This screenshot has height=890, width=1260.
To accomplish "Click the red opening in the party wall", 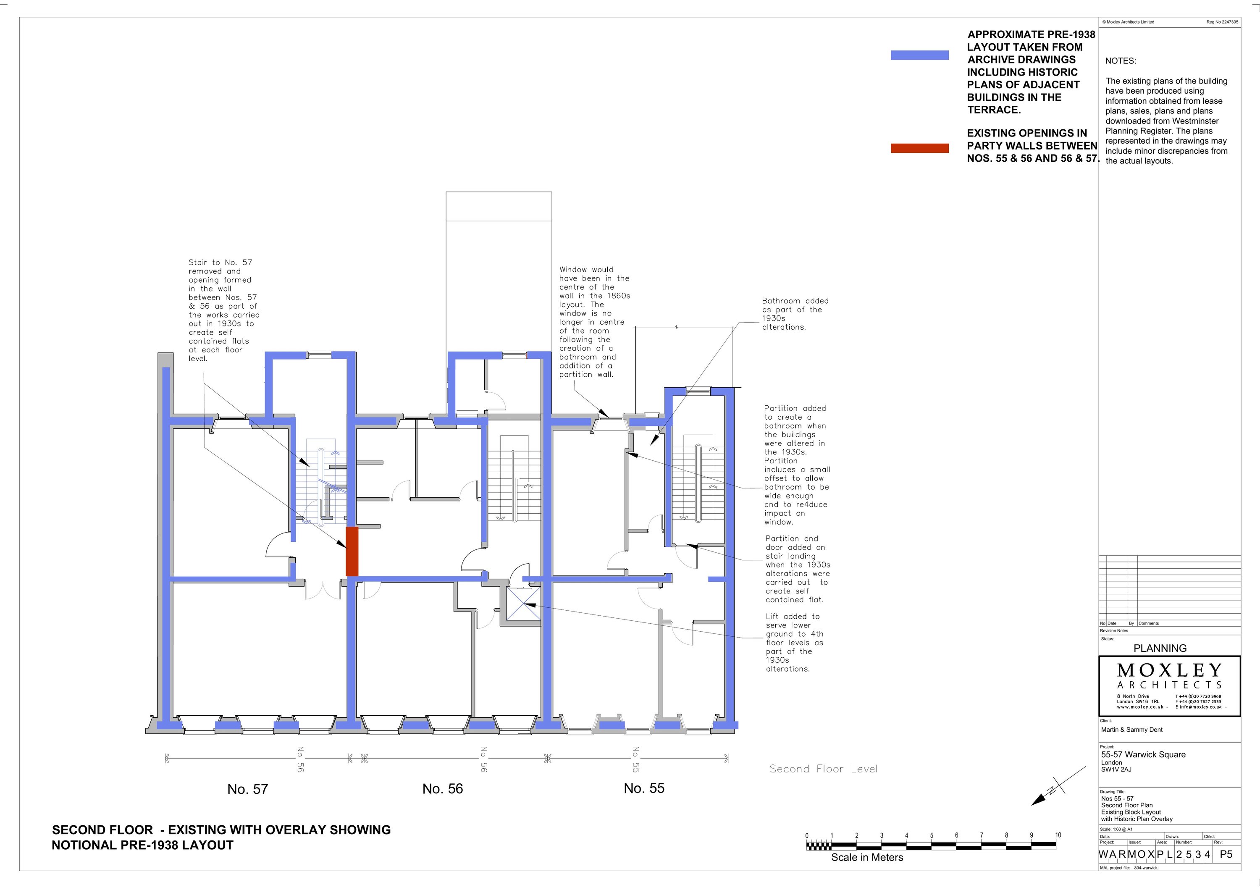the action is (x=352, y=551).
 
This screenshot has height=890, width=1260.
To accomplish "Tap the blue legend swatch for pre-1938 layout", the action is (x=920, y=55).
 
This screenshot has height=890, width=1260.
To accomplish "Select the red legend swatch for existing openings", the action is (x=920, y=148).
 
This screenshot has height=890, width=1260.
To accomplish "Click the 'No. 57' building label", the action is (x=247, y=789).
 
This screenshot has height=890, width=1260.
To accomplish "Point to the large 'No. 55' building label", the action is (x=644, y=788).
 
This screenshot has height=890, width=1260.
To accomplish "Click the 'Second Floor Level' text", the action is (x=823, y=769).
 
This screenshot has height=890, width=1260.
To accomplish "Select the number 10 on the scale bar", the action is (x=1058, y=835).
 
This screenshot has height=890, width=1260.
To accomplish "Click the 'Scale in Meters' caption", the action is (x=867, y=858).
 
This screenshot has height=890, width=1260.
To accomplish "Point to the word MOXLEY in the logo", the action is (x=1169, y=670).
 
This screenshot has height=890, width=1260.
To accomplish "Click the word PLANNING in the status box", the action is (x=1160, y=648).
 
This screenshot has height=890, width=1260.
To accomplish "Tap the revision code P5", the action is (x=1226, y=854).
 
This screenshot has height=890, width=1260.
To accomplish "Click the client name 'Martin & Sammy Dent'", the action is (x=1131, y=730).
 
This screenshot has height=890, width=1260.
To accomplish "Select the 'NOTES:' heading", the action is (x=1121, y=61).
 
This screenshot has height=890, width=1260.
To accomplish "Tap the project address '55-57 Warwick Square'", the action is (x=1143, y=754).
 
